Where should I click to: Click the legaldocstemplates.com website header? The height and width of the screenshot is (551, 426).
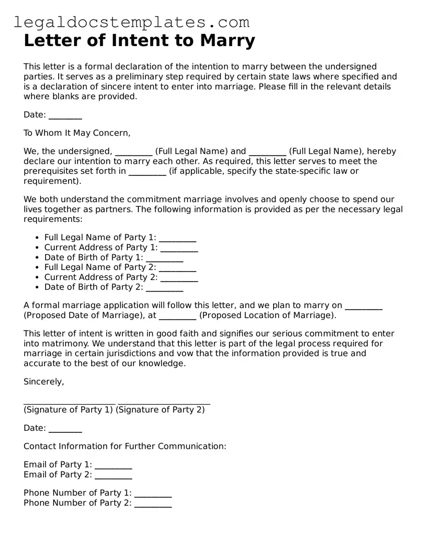click(131, 22)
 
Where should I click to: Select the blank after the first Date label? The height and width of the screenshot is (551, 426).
click(65, 115)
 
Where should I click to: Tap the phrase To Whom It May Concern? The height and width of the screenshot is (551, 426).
click(77, 133)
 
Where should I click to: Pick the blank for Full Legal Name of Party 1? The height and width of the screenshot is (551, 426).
click(177, 238)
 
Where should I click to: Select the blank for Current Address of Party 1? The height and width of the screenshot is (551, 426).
click(179, 248)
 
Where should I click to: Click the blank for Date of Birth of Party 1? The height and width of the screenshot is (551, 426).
click(164, 258)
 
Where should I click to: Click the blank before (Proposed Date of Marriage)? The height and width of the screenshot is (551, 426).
click(364, 306)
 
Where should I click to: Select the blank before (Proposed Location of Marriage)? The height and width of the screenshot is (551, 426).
click(177, 316)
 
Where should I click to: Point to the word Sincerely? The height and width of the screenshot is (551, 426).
click(44, 382)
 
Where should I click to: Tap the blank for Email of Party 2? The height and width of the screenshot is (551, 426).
click(113, 475)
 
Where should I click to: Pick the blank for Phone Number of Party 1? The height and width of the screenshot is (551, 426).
click(153, 493)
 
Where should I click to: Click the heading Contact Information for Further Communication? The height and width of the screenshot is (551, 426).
click(125, 446)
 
